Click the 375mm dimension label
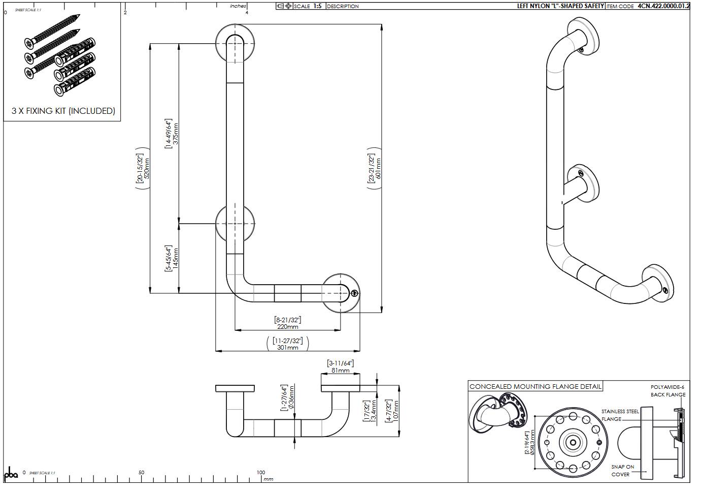point(176,133)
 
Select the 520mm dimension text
point(147,168)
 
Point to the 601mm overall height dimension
point(378,169)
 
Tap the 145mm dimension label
point(176,258)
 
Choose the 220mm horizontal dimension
point(288,327)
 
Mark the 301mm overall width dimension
point(288,348)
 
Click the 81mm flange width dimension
point(340,371)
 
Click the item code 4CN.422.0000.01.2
point(663,6)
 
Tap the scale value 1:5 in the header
point(317,6)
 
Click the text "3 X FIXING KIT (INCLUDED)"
point(63,111)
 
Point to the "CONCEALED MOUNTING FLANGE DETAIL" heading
point(535,387)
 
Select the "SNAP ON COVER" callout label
point(622,470)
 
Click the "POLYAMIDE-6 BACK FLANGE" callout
point(668,391)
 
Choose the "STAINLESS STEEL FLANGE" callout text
point(620,415)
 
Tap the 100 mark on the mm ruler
point(261,473)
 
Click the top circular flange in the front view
point(235,43)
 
